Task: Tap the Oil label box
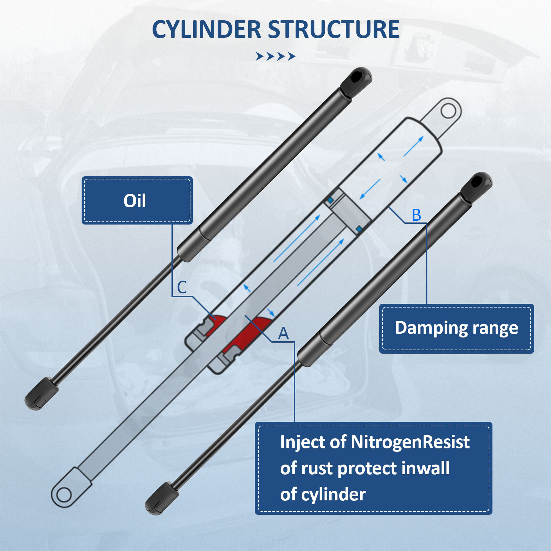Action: click(137, 200)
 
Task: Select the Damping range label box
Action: click(456, 328)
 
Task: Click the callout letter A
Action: click(283, 333)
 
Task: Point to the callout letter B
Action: click(416, 215)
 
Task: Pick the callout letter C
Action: click(182, 288)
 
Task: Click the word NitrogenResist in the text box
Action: click(410, 442)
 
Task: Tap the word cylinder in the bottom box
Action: click(333, 495)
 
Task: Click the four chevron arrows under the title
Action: click(275, 56)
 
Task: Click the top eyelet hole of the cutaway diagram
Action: click(448, 111)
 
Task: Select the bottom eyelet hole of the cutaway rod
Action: click(64, 495)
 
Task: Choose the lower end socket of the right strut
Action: click(161, 498)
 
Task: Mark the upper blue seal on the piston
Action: click(331, 200)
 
